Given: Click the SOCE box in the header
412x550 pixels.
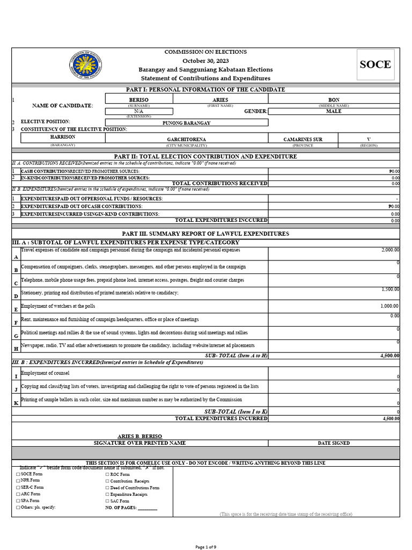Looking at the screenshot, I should pos(375,65).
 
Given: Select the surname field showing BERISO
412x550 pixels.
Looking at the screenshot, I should pos(139,100).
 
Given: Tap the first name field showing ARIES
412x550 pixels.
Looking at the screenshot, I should pos(220,100).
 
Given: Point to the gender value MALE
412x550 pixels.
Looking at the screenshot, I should pos(334,111).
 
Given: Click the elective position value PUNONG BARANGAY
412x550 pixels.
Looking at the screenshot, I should pos(186,123).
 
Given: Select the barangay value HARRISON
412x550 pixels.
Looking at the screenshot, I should pos(63,137).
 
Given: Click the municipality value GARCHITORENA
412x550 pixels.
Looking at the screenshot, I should pos(186,139).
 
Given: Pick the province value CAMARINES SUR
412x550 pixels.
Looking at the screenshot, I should pos(303,139).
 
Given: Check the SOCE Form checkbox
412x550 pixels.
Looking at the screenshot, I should pos(18,475).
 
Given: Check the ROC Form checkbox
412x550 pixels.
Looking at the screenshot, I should pos(107,475).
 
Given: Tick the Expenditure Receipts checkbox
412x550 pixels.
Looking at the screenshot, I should pos(107,494).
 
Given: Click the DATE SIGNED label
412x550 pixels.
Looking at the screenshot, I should pos(333,443).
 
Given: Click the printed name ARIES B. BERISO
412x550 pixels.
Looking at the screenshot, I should pos(139,436).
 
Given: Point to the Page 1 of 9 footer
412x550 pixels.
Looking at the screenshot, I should pos(205,546).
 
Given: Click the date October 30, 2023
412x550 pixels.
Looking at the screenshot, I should pos(205,61).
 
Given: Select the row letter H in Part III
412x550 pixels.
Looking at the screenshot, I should pos(16,349).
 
